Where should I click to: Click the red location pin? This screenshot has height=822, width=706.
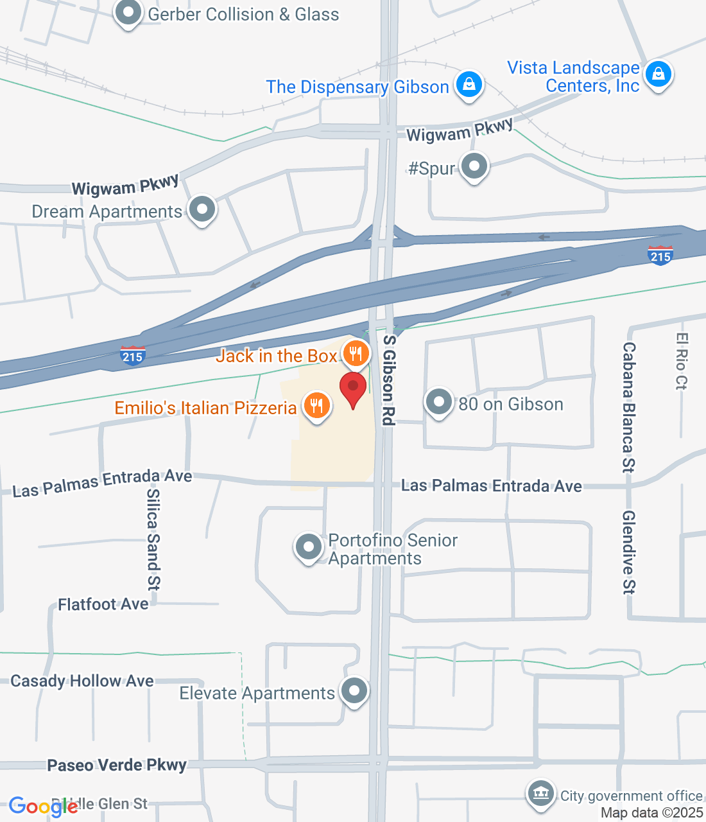click(x=353, y=388)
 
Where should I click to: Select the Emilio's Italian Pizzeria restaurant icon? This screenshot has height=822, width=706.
click(x=316, y=406)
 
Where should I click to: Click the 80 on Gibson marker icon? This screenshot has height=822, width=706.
click(x=439, y=402)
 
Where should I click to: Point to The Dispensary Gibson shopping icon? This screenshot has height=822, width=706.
click(x=469, y=84)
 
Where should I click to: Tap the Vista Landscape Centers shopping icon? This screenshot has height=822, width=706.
click(x=658, y=74)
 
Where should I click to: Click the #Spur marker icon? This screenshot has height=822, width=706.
click(x=474, y=166)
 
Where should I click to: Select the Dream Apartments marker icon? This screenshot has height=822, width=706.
click(x=202, y=209)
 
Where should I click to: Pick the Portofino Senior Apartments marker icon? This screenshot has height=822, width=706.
click(x=309, y=547)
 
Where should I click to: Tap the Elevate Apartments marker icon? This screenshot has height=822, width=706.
click(x=354, y=691)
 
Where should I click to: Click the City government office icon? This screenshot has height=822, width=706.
click(x=540, y=794)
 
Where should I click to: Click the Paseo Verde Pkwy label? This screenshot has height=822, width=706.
click(x=117, y=765)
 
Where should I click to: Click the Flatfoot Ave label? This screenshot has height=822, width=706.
click(x=103, y=604)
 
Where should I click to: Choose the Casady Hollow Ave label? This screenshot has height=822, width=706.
click(x=82, y=681)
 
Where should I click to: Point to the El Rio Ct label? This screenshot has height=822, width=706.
click(x=682, y=361)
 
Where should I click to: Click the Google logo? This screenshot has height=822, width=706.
click(x=43, y=807)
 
